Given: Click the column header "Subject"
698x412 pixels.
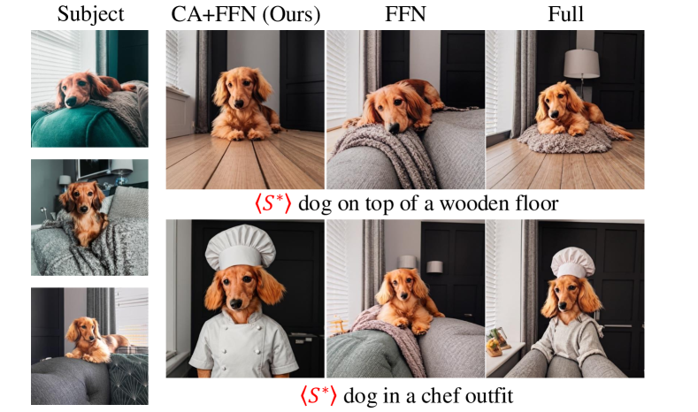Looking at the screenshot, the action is click(x=90, y=14).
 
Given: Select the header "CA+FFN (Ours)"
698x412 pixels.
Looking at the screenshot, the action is click(x=245, y=14).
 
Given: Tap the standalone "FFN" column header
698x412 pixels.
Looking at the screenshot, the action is click(x=405, y=14).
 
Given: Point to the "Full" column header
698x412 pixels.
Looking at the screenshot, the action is click(x=565, y=14).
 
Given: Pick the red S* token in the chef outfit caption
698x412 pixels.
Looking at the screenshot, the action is click(x=318, y=395).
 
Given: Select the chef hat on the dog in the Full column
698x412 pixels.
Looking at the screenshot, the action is click(x=572, y=263).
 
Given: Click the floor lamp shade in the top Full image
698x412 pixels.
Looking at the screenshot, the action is click(x=581, y=64).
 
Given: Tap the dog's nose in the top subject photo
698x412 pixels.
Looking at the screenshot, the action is click(x=71, y=103).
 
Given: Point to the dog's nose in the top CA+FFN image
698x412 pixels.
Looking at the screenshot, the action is click(x=239, y=104).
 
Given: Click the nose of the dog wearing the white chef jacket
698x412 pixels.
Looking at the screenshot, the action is click(x=236, y=303).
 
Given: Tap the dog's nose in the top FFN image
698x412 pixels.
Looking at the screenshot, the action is click(x=394, y=128).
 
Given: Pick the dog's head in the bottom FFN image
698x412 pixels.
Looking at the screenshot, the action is click(x=403, y=287).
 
